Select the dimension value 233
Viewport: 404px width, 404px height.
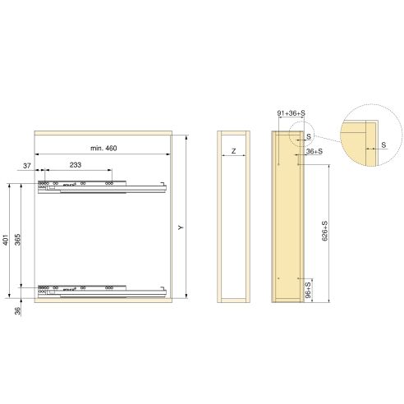coord(75,165)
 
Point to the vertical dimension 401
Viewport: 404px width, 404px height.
coord(5,241)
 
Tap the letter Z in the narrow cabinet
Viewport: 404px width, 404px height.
coord(234,152)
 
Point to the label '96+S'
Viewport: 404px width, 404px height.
coord(308,290)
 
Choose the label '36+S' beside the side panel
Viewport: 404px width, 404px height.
coord(313,151)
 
